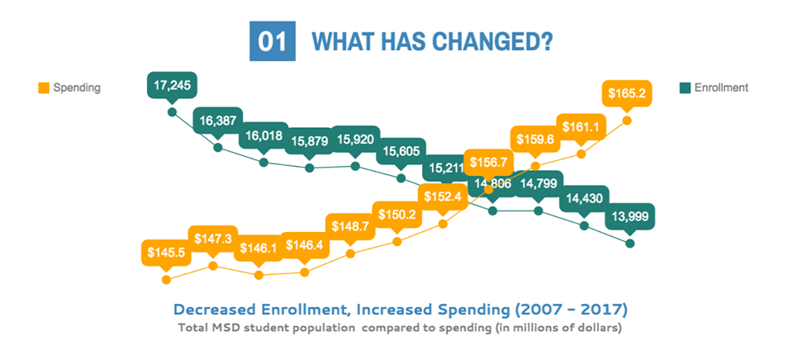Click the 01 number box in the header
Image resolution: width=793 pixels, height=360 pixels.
point(272,41)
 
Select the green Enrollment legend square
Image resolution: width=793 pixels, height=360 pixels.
point(684,87)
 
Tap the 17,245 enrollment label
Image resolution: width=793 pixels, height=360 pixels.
point(173,85)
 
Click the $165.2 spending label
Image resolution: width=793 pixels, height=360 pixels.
point(627,93)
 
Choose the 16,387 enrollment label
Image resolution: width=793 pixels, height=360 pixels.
point(218,121)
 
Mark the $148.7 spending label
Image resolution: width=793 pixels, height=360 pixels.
point(351,226)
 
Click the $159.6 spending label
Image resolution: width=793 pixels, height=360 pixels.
point(534,140)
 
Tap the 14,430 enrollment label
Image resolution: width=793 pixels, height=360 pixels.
point(584,198)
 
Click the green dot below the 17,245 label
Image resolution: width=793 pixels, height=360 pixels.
point(172,112)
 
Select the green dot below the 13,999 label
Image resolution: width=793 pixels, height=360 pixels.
point(630,244)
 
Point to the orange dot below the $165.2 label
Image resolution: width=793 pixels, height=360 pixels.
point(627,121)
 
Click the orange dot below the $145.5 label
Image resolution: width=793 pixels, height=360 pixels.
point(166,280)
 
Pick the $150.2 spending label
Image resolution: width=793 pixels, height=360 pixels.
point(397,216)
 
